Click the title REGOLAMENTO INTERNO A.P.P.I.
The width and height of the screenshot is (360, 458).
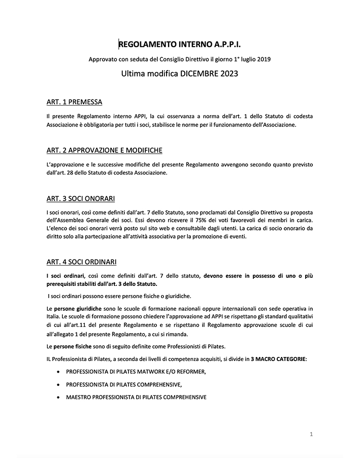(x=180, y=45)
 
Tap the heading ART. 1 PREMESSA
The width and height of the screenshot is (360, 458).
(x=74, y=102)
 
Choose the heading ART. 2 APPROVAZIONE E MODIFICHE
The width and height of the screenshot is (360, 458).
(x=104, y=150)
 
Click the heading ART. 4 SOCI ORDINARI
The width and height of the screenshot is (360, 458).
(x=81, y=262)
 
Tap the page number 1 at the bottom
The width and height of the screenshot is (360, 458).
(x=311, y=434)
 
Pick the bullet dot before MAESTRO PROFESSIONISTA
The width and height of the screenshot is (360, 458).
(x=60, y=397)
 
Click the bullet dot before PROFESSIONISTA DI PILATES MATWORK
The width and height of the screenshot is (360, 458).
(x=60, y=372)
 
